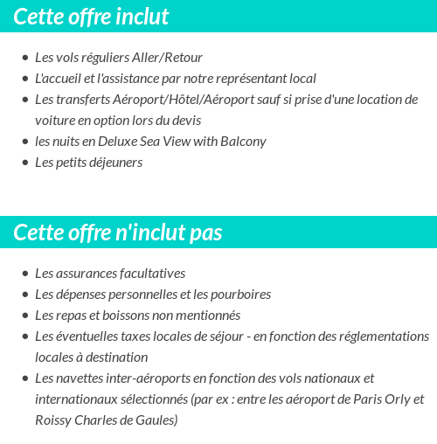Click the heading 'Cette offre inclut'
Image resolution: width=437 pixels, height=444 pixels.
(x=91, y=17)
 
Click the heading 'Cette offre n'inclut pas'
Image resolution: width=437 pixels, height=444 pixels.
(x=118, y=232)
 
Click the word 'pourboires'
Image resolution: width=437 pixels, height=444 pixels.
(x=240, y=295)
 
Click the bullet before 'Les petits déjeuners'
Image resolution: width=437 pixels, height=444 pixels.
(x=24, y=163)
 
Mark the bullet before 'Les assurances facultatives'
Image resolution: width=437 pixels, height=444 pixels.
(x=24, y=274)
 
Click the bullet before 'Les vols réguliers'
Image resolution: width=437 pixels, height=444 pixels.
(x=24, y=59)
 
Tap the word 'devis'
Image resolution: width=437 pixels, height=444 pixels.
(x=186, y=121)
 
